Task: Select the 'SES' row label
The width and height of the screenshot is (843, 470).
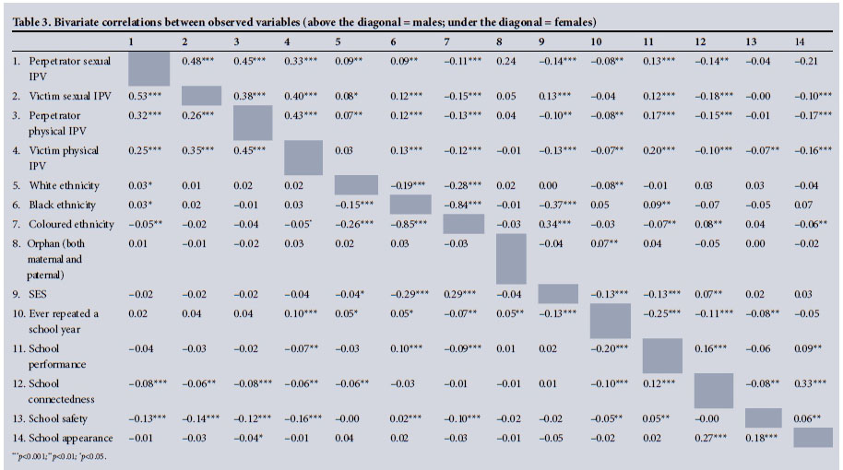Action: pos(36,294)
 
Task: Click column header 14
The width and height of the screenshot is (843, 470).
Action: pos(800,41)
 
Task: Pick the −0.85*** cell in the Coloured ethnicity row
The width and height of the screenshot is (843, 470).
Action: pos(407,224)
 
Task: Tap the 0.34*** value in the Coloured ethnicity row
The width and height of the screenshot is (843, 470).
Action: pos(557,224)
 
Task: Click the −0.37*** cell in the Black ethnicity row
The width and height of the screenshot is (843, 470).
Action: pos(557,205)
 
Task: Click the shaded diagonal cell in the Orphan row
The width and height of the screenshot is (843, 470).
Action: pos(511,259)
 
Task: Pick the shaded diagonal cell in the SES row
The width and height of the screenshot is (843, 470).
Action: pos(557,294)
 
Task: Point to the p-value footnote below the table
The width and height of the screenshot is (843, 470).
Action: pos(56,456)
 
